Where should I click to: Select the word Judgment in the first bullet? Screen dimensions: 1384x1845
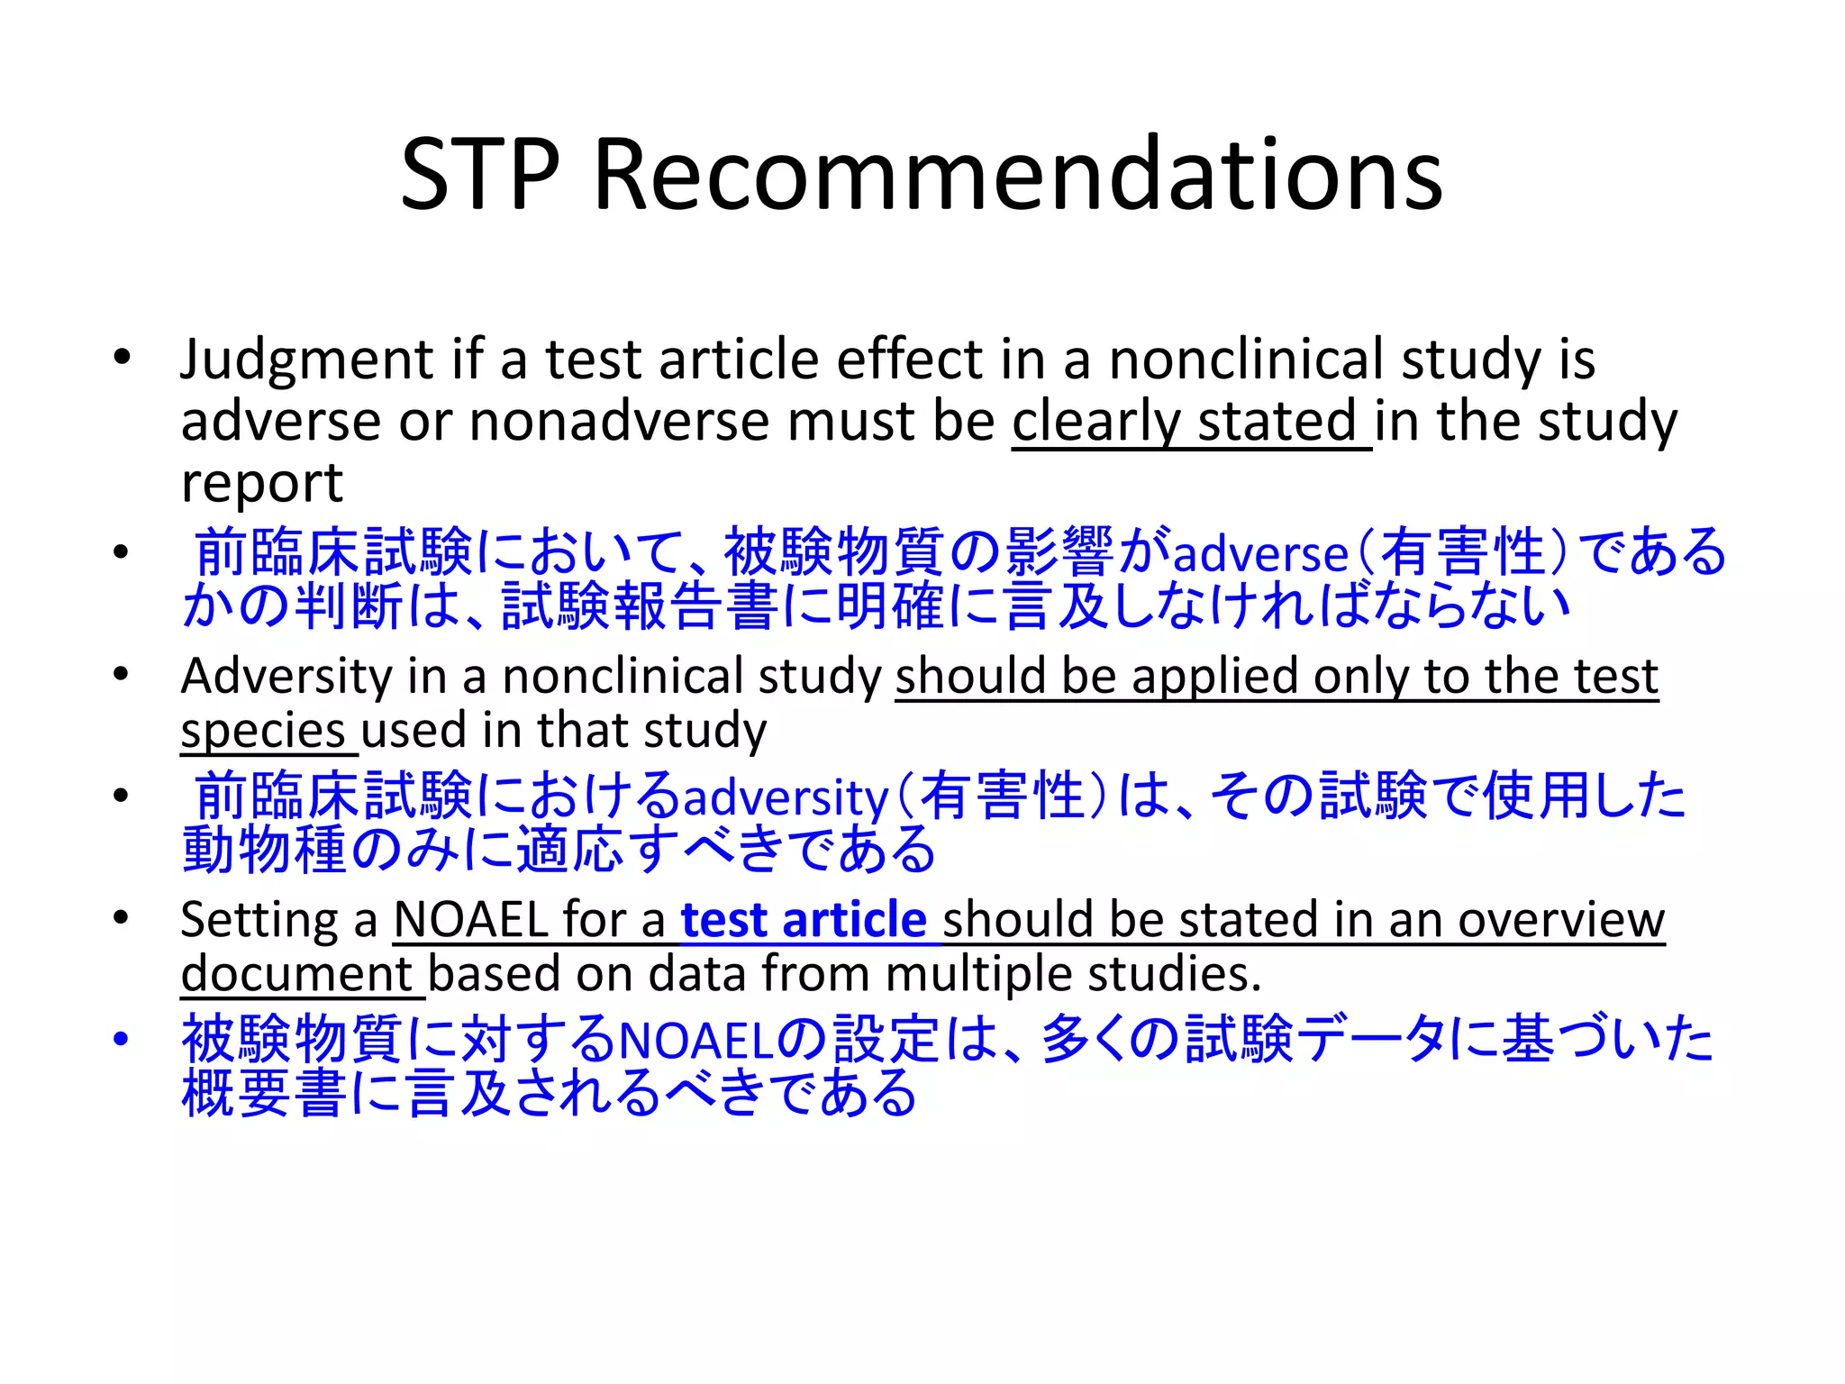coord(306,360)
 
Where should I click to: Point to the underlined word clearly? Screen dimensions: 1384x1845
coord(1095,422)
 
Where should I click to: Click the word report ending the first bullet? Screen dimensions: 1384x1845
coord(261,485)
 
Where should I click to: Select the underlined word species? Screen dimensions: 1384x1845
coord(263,731)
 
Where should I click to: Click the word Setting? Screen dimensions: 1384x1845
coord(257,920)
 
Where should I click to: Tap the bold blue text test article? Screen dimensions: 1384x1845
coord(803,920)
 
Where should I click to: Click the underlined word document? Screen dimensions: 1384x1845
coord(296,974)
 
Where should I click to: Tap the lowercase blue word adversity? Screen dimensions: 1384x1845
coord(786,798)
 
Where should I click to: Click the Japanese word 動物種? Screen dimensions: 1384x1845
coord(264,850)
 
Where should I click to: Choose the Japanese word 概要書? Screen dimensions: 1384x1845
coord(264,1094)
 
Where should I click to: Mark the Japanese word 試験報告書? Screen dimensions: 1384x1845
coord(641,606)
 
